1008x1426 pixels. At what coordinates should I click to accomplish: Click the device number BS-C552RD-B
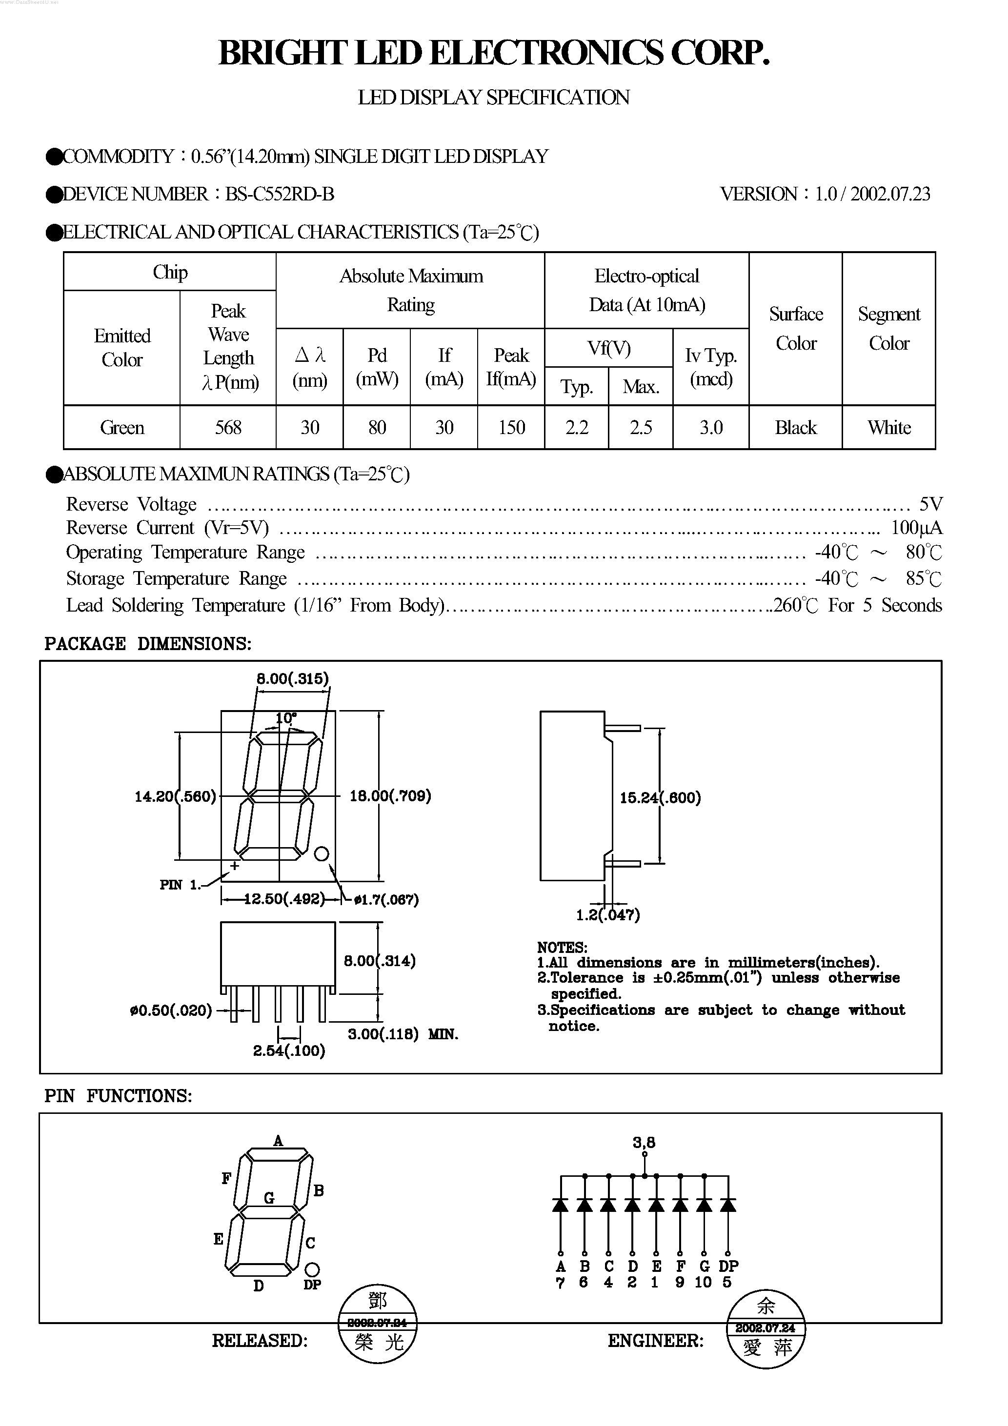pos(279,195)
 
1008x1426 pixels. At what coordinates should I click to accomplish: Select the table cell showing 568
pos(228,427)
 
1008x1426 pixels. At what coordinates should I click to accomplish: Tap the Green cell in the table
pos(122,427)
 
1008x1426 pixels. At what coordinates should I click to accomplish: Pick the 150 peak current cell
pos(511,427)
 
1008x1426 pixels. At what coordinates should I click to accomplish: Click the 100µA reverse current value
pos(916,528)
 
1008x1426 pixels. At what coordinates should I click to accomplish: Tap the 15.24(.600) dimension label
pos(660,798)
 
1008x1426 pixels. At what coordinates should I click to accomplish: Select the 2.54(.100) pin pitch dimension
pos(289,1051)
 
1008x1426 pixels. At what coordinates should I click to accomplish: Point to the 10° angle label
pos(285,718)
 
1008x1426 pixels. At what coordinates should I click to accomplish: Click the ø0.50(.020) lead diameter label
pos(171,1011)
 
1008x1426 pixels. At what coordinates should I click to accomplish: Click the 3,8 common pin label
pos(644,1142)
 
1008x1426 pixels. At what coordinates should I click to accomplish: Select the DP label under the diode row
pos(728,1266)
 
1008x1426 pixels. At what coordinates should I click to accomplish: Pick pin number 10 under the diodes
pos(703,1283)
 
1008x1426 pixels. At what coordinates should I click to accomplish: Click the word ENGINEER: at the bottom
pos(656,1341)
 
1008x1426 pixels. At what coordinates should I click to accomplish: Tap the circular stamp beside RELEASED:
pos(377,1323)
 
